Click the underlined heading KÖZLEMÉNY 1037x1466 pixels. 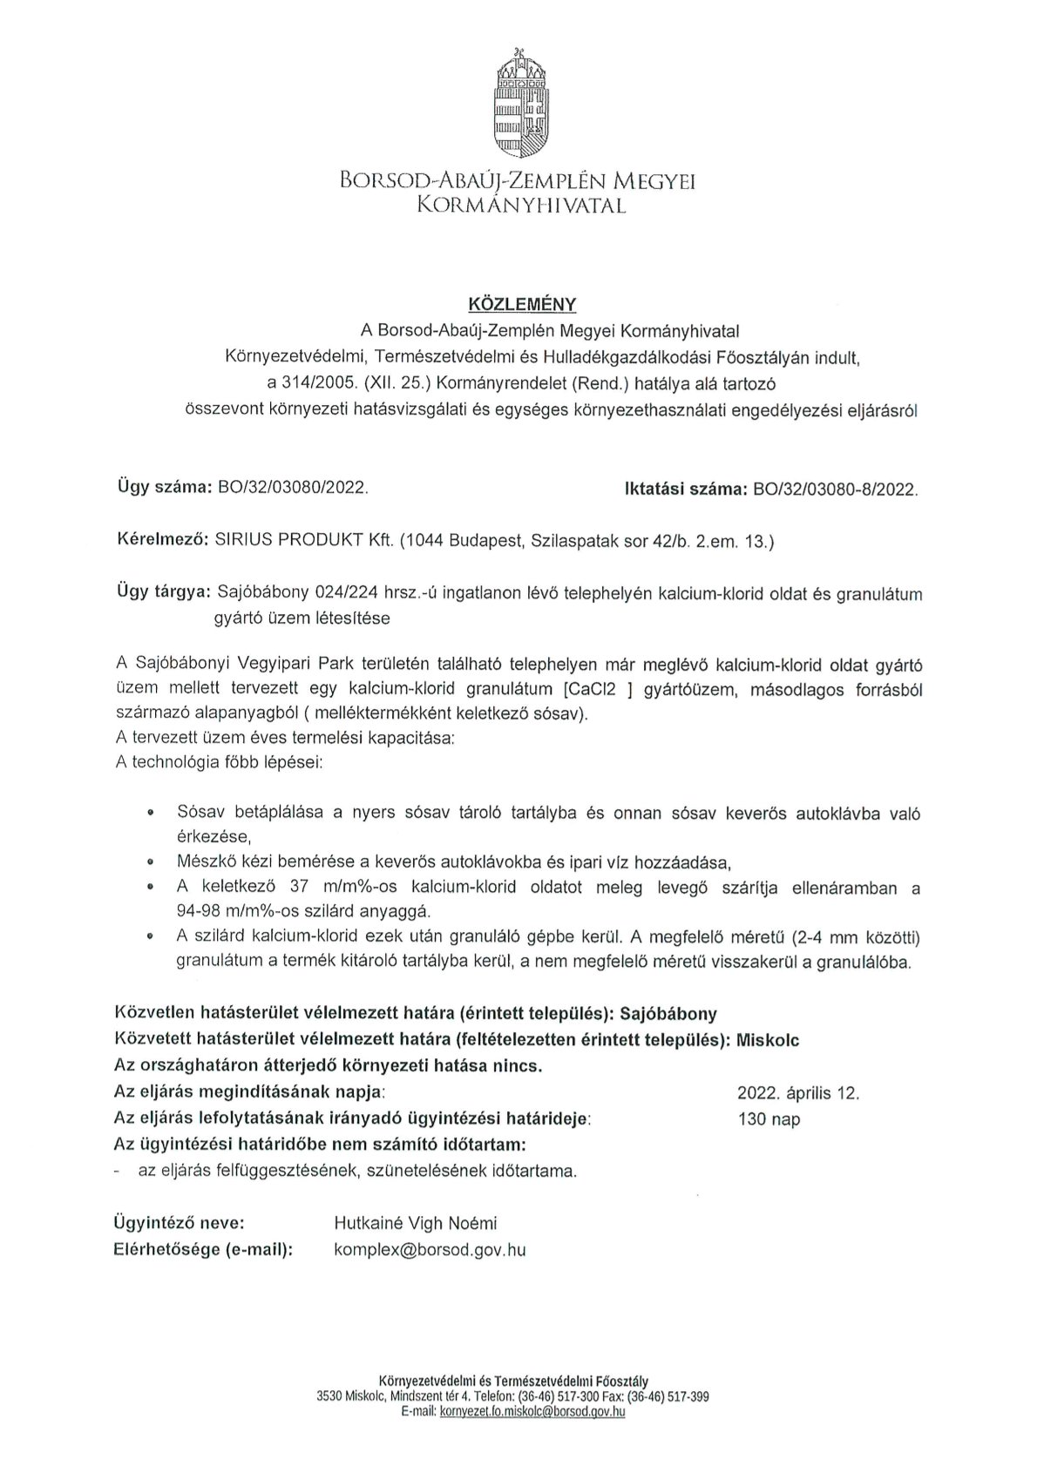518,305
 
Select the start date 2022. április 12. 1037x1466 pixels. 797,1093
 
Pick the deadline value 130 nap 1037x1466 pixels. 769,1119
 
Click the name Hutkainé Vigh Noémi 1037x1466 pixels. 416,1224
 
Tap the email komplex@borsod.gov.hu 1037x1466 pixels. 430,1250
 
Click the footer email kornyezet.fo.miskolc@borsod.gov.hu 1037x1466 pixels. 533,1411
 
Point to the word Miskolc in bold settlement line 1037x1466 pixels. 768,1040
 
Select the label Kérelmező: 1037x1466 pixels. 162,541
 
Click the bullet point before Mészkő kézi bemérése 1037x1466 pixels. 151,863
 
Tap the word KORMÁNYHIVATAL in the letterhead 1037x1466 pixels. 521,206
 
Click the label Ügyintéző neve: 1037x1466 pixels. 180,1224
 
